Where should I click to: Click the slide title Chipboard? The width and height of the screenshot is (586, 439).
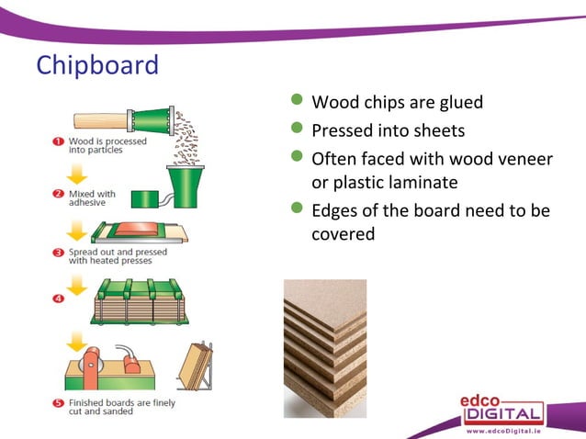(96, 66)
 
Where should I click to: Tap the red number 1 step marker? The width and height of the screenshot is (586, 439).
(57, 141)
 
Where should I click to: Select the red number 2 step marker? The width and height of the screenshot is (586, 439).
(57, 195)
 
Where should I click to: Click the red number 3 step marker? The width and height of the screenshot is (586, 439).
(57, 250)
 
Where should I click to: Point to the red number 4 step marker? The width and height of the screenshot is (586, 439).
(57, 298)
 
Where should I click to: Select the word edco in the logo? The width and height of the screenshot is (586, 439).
(490, 398)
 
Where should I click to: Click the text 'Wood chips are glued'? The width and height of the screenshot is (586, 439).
(397, 102)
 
